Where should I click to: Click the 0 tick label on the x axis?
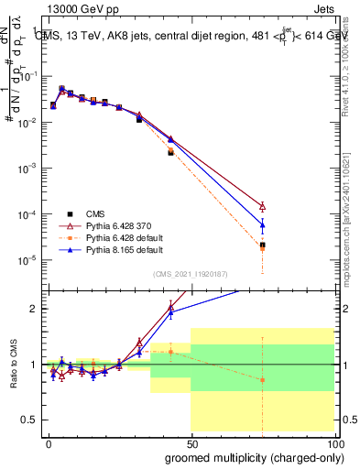tap(47, 443)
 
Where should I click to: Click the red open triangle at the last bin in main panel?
tap(262, 207)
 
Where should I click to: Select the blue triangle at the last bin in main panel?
tap(262, 224)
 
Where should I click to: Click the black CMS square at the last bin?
tap(262, 245)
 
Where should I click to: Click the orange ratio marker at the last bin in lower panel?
tap(262, 380)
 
